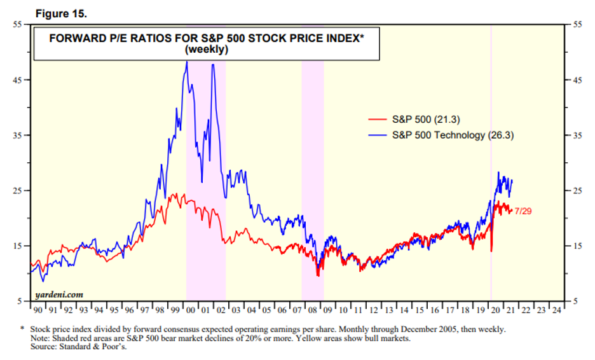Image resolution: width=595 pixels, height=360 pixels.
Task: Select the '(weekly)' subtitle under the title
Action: (207, 50)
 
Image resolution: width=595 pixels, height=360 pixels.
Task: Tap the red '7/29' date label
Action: (523, 211)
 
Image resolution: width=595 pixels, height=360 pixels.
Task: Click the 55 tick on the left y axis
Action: (17, 24)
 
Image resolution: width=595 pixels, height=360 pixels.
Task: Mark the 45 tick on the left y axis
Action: (17, 80)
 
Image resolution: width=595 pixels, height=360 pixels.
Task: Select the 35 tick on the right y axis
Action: (578, 135)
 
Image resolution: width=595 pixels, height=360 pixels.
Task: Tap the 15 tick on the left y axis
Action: (17, 246)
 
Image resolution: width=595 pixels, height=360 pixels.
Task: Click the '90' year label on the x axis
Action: (37, 310)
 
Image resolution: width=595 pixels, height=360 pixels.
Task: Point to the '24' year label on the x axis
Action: (556, 310)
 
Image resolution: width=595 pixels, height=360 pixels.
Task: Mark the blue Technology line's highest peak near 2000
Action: (187, 62)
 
